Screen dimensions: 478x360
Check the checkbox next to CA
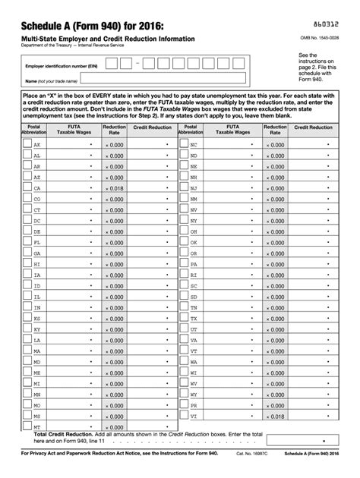tap(16, 187)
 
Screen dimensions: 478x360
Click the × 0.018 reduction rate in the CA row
tap(114, 187)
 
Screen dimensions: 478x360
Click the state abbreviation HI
tap(37, 264)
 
